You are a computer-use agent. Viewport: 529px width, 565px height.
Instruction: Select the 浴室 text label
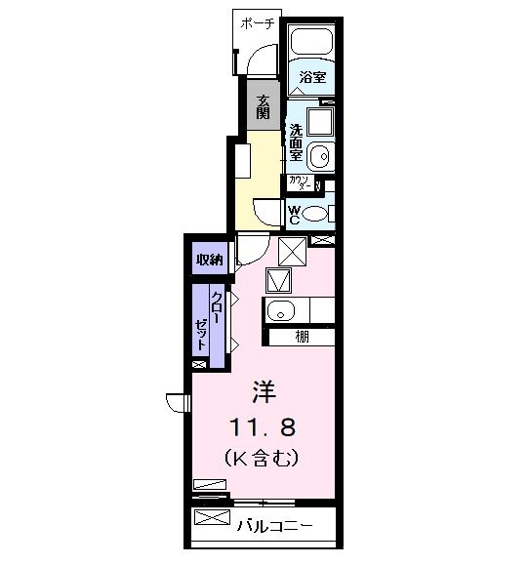coord(312,77)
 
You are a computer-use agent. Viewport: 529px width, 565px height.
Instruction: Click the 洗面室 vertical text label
coord(295,142)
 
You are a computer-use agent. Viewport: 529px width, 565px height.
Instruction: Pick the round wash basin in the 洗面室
coord(319,155)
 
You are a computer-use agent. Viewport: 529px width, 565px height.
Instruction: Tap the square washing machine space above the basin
coord(318,122)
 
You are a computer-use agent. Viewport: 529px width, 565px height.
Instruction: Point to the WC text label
coord(295,212)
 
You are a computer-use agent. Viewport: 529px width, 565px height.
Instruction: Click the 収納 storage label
coord(209,260)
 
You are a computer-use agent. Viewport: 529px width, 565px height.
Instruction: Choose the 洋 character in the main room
coord(264,393)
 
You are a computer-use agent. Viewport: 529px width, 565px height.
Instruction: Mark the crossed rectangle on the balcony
coord(213,517)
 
